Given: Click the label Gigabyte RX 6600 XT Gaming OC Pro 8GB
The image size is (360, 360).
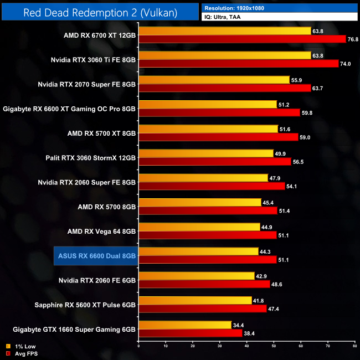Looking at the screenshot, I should point(69,109).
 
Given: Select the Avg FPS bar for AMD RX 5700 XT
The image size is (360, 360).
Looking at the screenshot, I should point(218,137).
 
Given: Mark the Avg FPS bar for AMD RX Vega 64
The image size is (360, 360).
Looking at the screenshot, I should point(208,235).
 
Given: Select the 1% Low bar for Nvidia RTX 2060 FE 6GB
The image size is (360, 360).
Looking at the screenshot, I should point(196,276).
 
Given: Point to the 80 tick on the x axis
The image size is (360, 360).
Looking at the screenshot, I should point(354,347).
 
